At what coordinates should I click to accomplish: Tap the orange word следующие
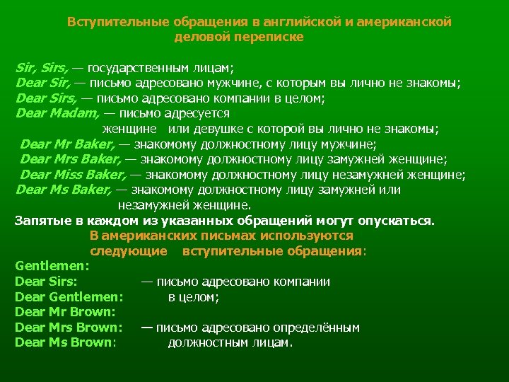[x=128, y=251]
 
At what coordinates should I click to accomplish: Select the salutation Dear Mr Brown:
[x=64, y=312]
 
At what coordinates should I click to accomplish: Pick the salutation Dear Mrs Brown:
[x=69, y=328]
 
